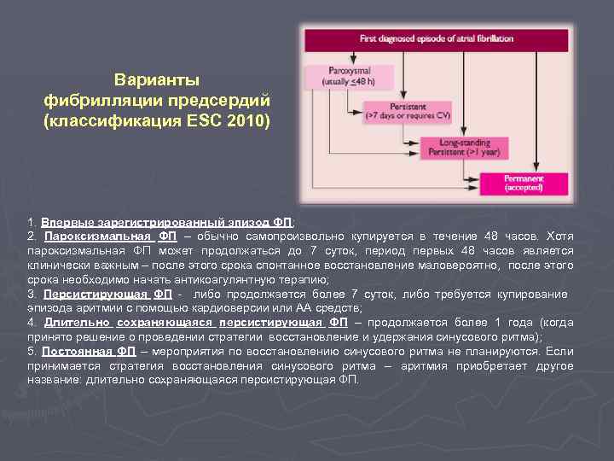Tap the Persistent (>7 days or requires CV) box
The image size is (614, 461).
click(408, 111)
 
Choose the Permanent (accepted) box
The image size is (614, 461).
click(523, 183)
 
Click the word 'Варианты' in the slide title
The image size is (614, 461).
click(157, 80)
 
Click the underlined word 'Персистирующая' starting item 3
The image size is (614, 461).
click(93, 294)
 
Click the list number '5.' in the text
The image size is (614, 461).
click(32, 352)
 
